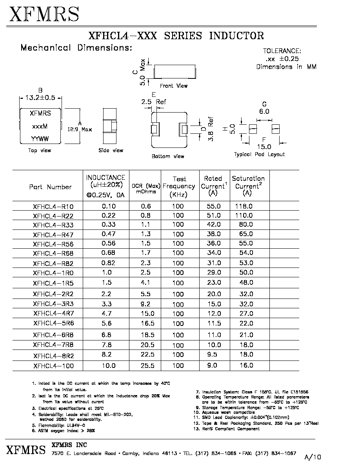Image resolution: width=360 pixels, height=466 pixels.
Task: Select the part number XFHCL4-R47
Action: coord(53,235)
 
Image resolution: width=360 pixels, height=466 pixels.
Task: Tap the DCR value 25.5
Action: coord(147,365)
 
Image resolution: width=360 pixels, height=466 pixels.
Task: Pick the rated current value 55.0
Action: coord(214,206)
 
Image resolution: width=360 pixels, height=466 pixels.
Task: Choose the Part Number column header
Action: coord(50,187)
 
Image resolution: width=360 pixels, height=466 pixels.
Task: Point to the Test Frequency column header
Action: coord(179,187)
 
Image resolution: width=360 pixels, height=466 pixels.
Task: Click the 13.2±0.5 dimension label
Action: coord(40,98)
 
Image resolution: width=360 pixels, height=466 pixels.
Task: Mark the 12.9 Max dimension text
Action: coord(80,129)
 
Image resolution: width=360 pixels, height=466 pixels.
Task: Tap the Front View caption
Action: coord(174,86)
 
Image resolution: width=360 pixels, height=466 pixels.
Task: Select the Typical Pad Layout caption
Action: coord(259,154)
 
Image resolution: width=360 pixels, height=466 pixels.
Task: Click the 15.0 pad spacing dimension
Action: coord(264,147)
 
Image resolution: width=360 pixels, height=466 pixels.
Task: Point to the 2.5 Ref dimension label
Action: coord(154,102)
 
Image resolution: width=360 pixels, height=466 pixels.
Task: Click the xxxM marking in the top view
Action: coord(40,126)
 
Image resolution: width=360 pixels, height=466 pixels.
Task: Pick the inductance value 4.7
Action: coord(106,313)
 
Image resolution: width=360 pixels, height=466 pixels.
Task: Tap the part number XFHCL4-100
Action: coord(53,366)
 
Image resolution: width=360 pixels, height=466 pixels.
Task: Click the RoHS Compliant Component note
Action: coord(226,429)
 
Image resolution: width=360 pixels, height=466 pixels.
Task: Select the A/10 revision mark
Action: coord(313,457)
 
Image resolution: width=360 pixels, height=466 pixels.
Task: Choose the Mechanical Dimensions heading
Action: coord(76,47)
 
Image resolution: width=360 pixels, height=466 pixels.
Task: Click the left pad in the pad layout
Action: coord(253,129)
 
